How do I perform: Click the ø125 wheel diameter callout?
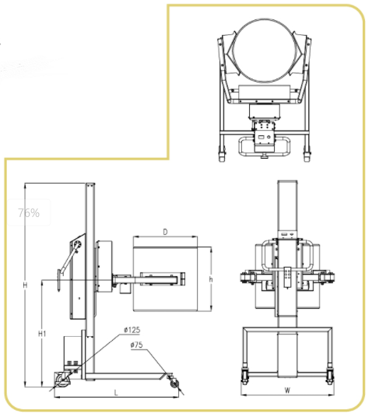pos(132,331)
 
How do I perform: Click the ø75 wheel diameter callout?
pos(136,345)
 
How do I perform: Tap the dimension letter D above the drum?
pos(166,232)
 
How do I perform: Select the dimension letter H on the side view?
pos(25,286)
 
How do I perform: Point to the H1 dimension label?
pos(42,334)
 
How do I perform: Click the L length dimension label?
pos(116,393)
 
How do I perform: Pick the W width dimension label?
pos(287,391)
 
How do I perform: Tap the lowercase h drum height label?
pos(211,279)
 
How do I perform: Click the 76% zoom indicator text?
pos(29,213)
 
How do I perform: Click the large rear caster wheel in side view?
pos(63,380)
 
